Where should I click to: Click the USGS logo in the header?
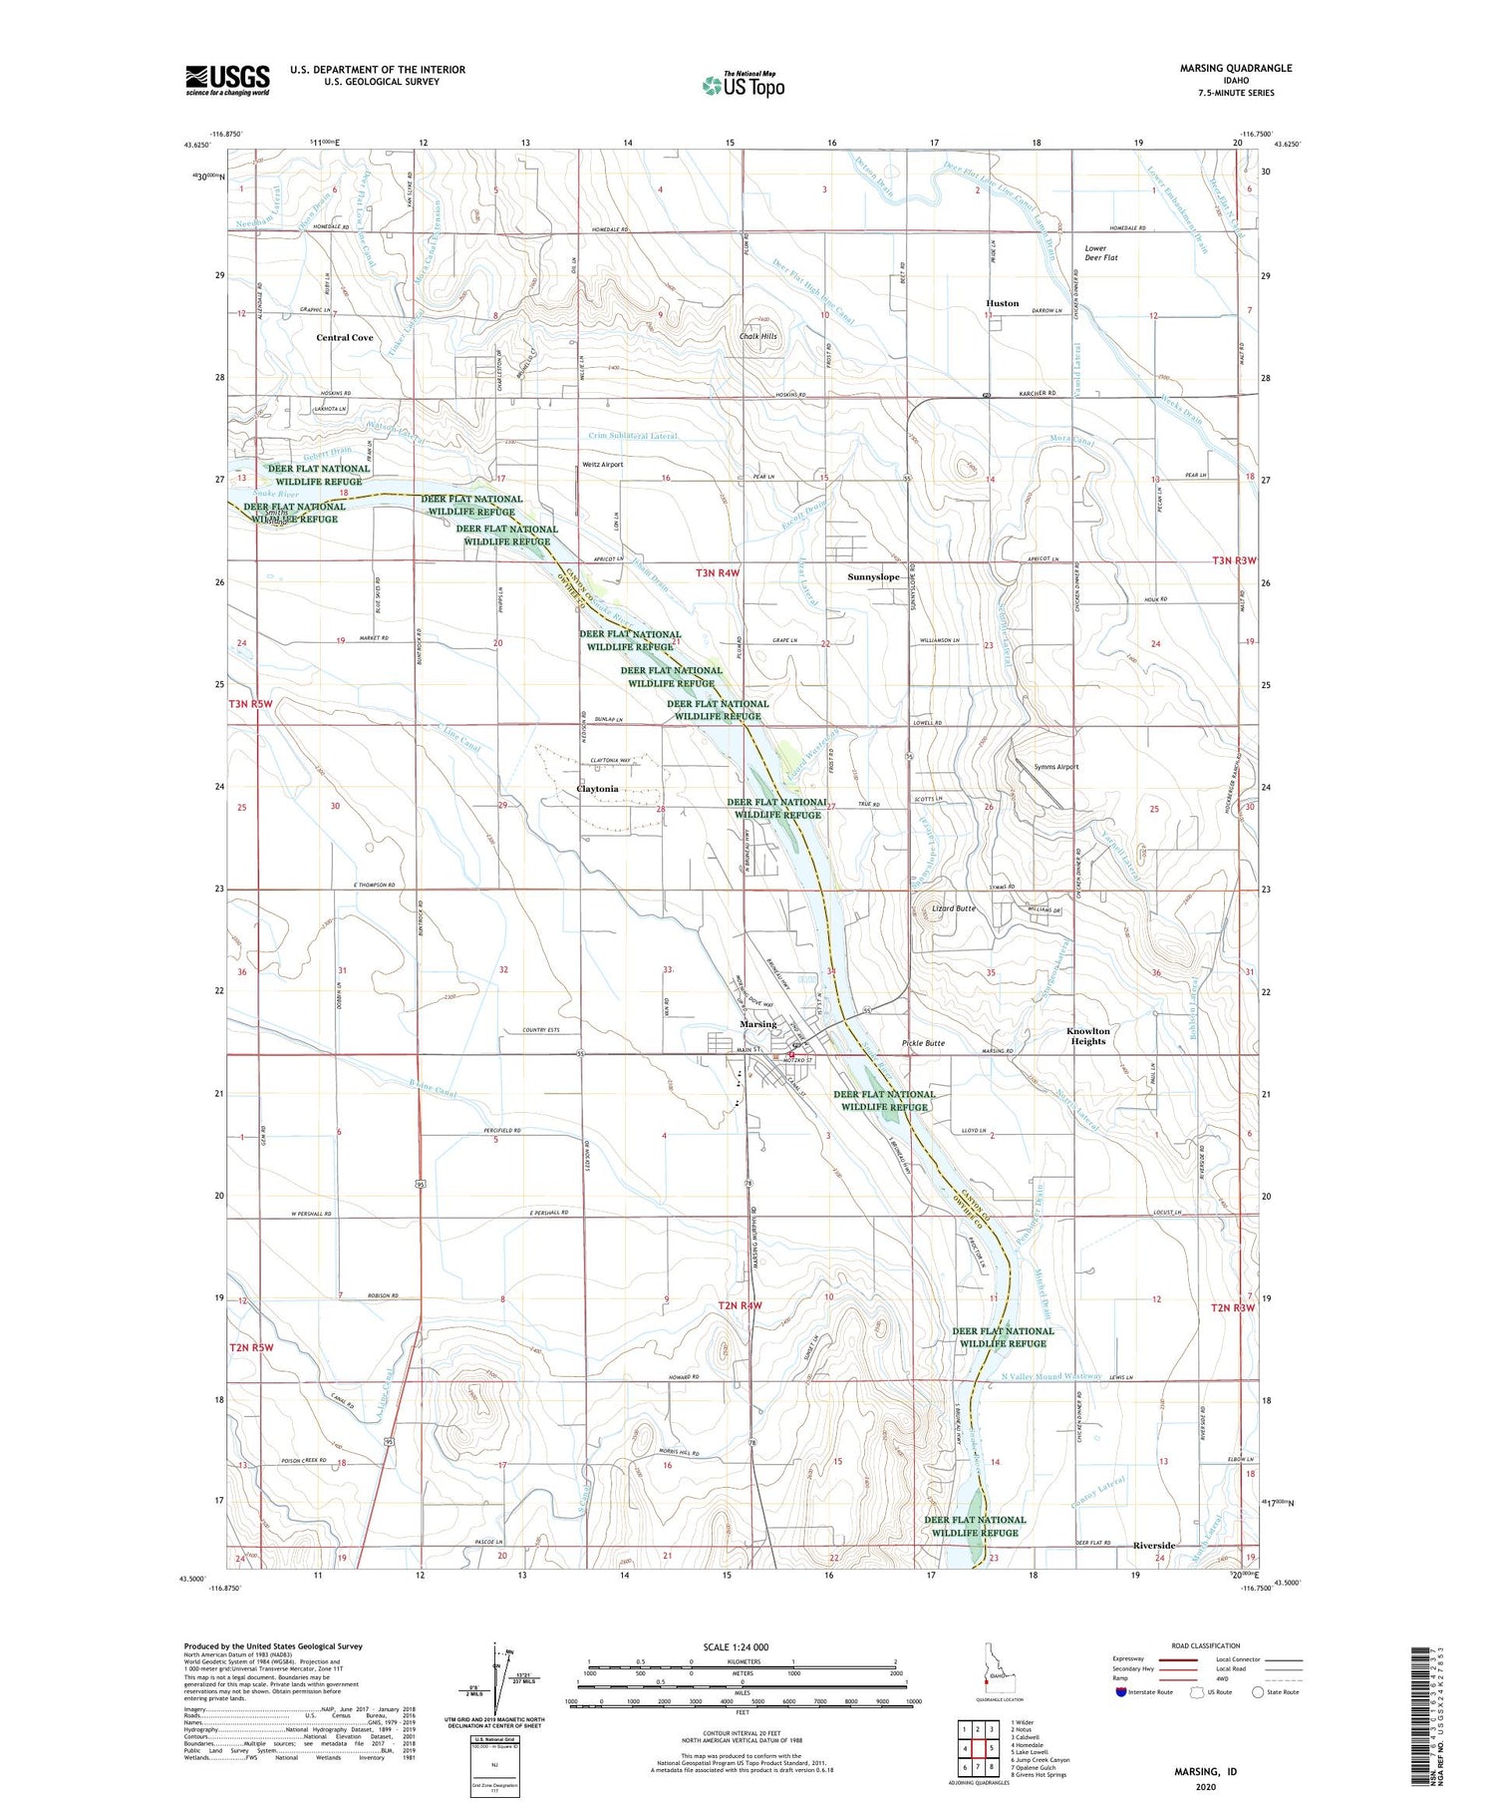(227, 80)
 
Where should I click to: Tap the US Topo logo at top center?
(743, 85)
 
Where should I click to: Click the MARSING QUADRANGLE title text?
(1235, 68)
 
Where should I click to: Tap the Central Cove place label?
(345, 338)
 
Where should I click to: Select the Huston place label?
(1002, 303)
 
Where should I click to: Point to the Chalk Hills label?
(757, 336)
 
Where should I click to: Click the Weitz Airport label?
(603, 465)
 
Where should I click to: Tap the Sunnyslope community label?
(873, 577)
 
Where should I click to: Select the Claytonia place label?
(597, 789)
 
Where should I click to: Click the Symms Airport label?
(1055, 767)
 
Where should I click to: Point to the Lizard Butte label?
(954, 908)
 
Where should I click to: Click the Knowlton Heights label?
(1087, 1036)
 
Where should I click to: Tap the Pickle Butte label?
(923, 1043)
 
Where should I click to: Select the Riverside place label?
(1154, 1546)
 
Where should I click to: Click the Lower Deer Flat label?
(1100, 252)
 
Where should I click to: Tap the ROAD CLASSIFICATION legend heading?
(1206, 1645)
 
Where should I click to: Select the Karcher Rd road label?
(1036, 394)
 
